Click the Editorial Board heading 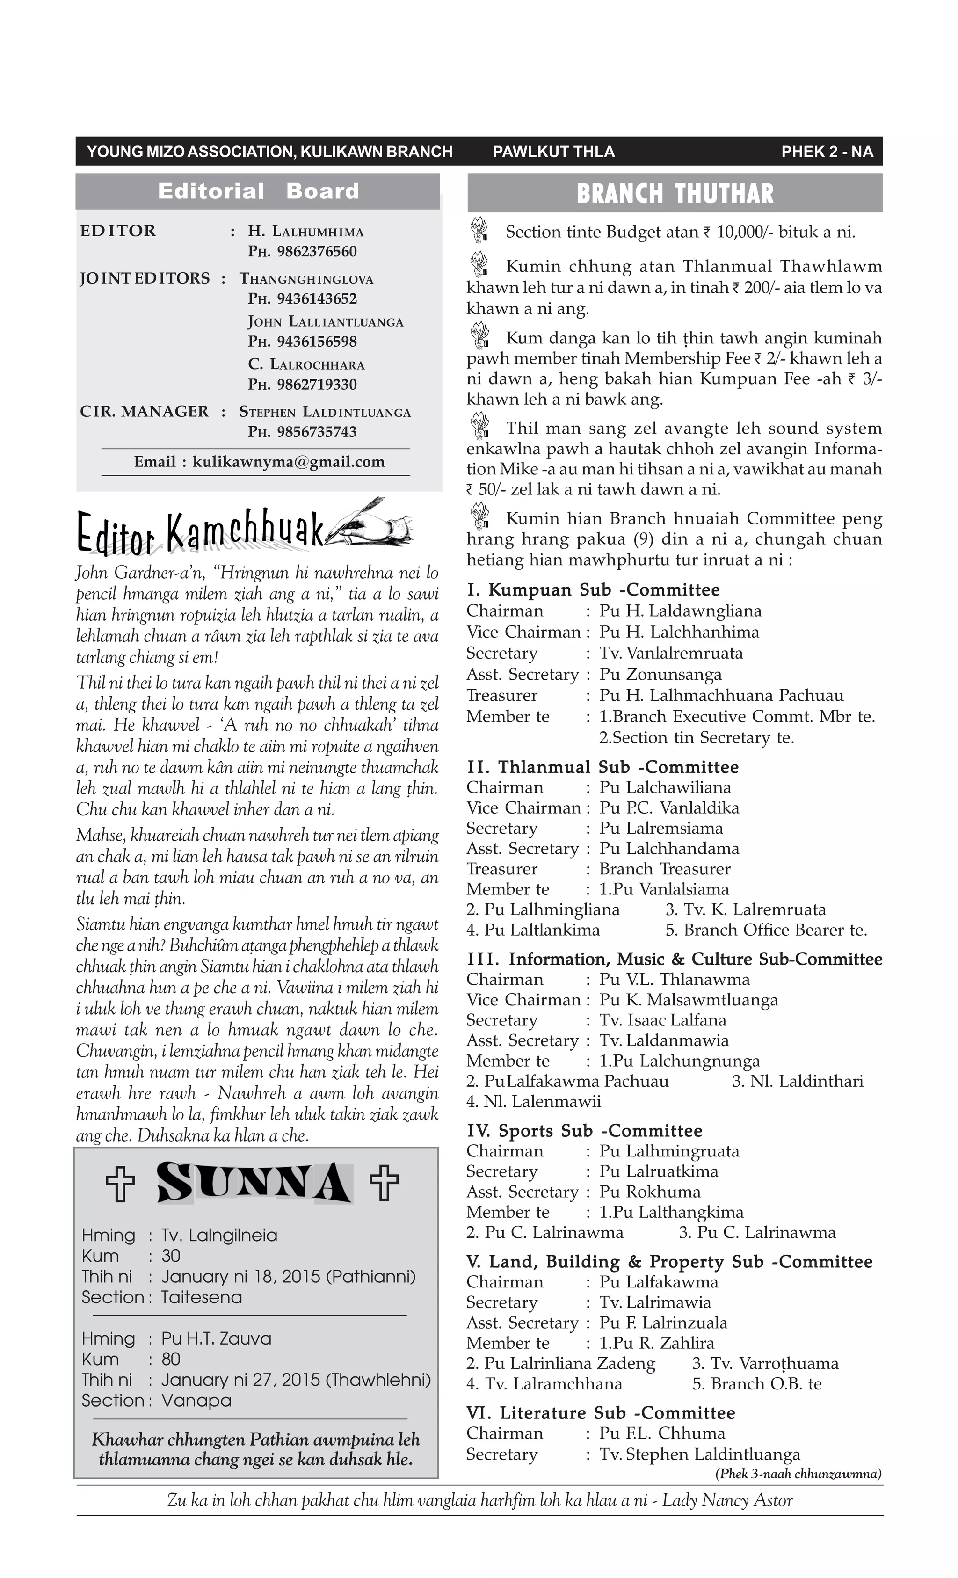pos(258,191)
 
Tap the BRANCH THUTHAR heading pos(675,193)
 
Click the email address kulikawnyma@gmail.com pos(288,462)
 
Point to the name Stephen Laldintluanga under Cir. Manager pos(325,412)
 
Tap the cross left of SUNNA pos(120,1184)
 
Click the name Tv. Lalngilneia pos(219,1236)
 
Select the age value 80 pos(171,1359)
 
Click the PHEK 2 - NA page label pos(827,152)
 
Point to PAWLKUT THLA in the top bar pos(553,152)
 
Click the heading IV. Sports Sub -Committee pos(584,1131)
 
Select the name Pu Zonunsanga pos(660,674)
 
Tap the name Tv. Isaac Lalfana pos(663,1020)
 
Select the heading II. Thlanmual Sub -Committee pos(602,767)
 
